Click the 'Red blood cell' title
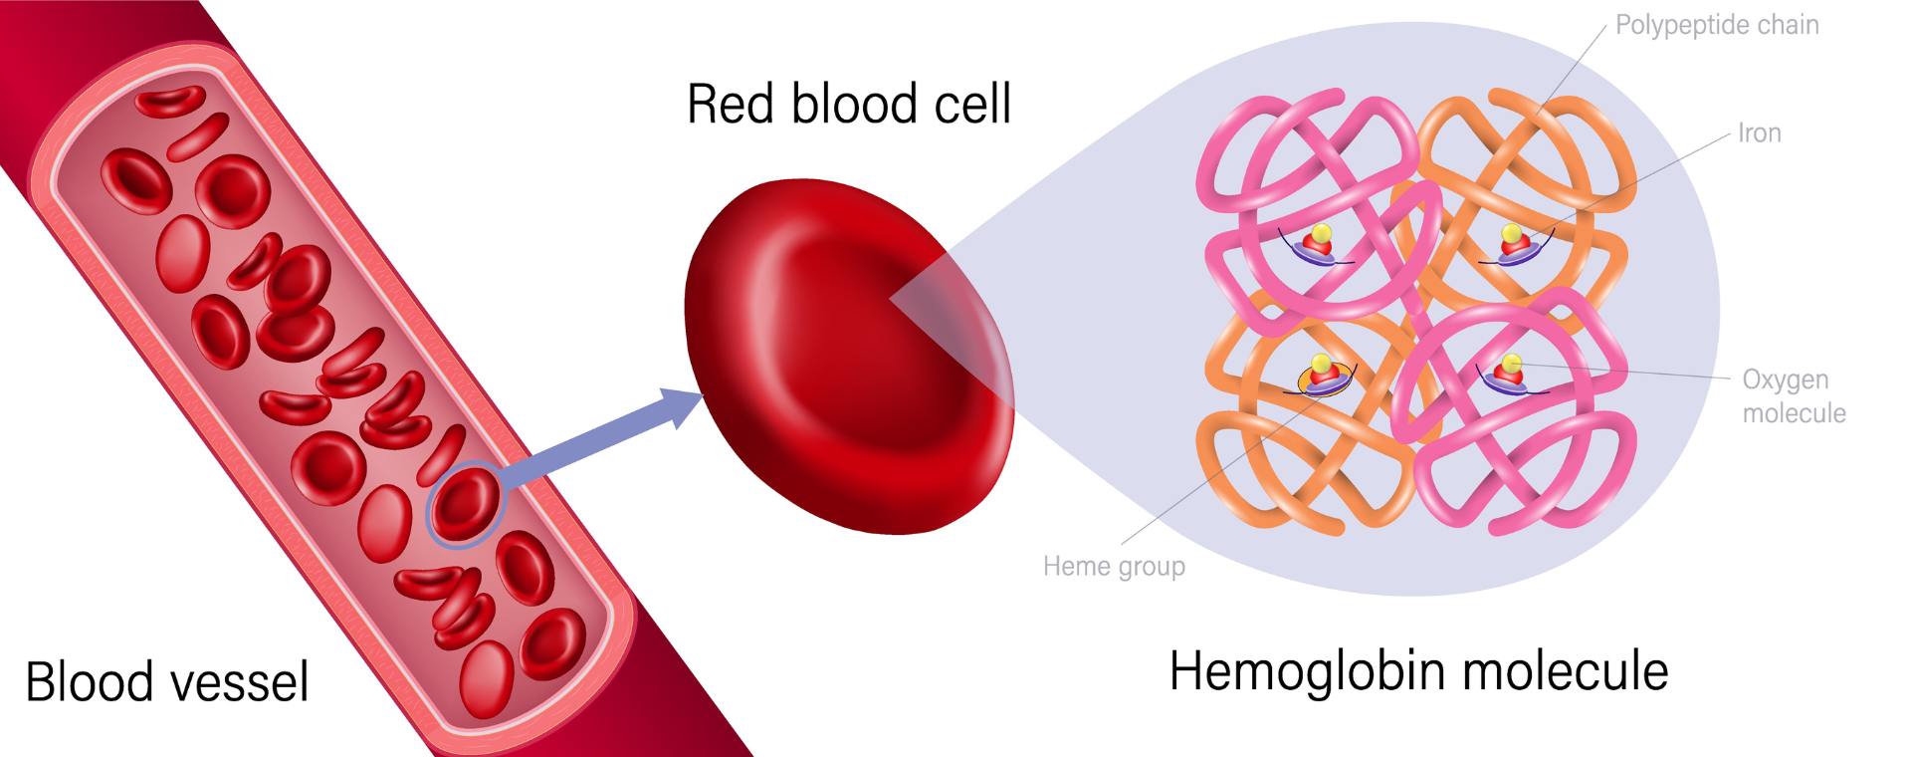pos(849,104)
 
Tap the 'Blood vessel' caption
pos(167,681)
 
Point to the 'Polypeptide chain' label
pos(1716,25)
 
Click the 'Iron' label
pos(1759,132)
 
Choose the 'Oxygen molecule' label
pos(1794,395)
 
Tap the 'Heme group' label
pos(1114,566)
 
